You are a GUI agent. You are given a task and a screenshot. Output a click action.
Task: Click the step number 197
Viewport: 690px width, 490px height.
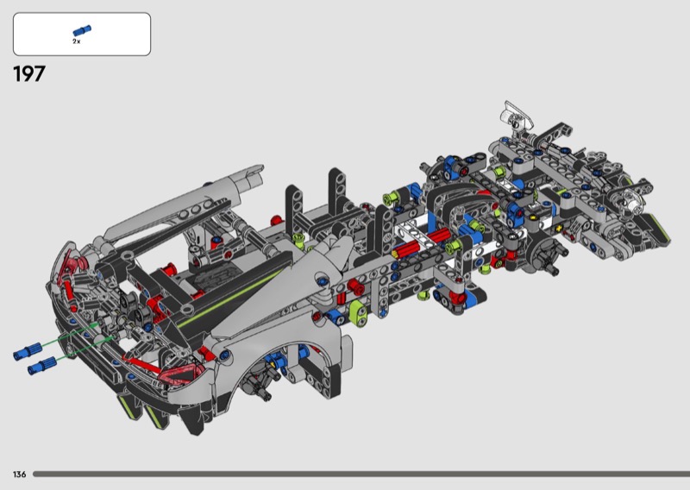(29, 74)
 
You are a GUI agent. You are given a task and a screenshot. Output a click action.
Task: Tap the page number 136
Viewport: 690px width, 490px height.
(19, 474)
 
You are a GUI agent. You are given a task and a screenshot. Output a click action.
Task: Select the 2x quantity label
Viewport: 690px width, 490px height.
(77, 41)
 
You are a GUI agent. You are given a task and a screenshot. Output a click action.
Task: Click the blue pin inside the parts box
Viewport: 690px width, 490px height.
(82, 30)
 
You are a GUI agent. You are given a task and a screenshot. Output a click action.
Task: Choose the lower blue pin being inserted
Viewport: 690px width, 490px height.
(41, 366)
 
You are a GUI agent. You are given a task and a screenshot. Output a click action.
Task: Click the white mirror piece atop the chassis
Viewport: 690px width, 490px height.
(517, 114)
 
